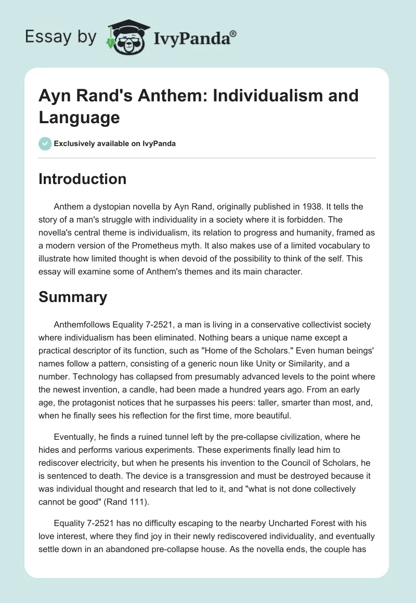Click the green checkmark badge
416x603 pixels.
click(45, 143)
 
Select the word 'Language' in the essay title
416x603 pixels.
click(79, 117)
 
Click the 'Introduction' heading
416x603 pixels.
click(83, 179)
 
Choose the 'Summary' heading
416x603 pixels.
click(73, 297)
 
